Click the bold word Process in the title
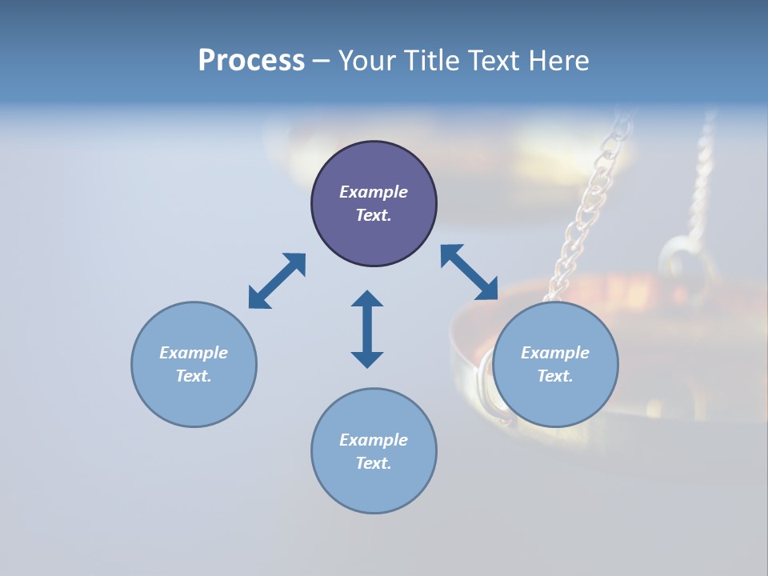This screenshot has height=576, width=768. coord(251,61)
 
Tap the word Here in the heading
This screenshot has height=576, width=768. coord(560,61)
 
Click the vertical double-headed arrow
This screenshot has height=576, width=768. coord(367,329)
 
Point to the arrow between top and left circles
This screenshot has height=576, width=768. coord(277,281)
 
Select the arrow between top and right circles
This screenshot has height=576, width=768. coord(470,272)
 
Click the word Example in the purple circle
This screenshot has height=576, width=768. coord(374,192)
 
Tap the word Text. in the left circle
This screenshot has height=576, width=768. coord(194,376)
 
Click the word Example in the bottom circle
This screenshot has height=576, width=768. coord(374,439)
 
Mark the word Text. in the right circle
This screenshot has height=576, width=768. coord(555,376)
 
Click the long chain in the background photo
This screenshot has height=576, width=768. coord(592,200)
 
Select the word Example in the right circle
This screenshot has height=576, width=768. coord(555,353)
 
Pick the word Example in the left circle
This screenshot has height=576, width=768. coord(194,353)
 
